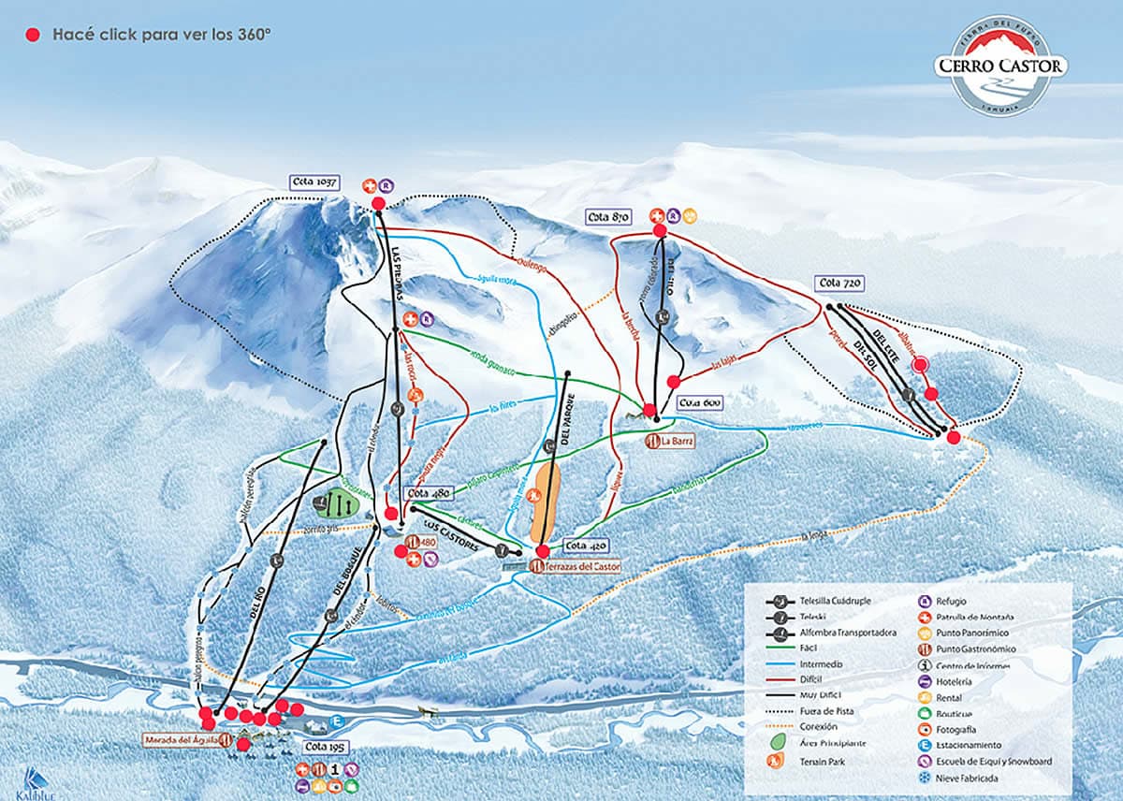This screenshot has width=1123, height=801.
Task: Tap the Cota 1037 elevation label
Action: point(314,182)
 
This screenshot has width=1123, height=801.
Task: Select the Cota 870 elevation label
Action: point(607,217)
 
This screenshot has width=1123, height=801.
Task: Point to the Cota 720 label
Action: point(839,283)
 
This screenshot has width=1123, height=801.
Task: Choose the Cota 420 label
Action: point(588,546)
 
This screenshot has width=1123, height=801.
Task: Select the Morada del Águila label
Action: point(182,739)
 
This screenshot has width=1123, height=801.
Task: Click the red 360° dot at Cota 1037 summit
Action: point(378,203)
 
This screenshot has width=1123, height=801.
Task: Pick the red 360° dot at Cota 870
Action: point(659,230)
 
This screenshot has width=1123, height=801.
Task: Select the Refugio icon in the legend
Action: point(923,602)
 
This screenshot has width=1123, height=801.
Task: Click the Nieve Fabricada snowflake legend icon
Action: point(923,778)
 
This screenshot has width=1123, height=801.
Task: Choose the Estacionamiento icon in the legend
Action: point(923,745)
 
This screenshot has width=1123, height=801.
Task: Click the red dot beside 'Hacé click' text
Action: point(34,35)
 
